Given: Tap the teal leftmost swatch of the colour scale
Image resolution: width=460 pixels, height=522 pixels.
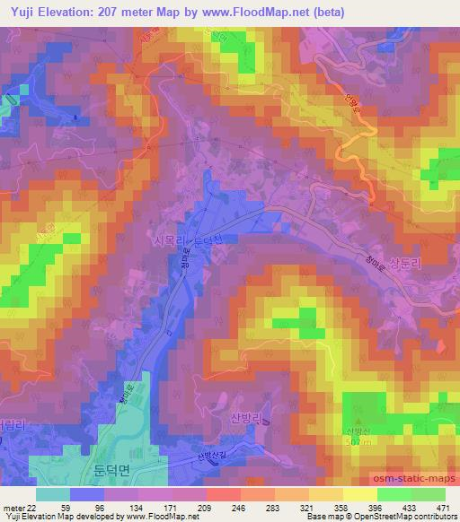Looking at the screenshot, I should (53, 494).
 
